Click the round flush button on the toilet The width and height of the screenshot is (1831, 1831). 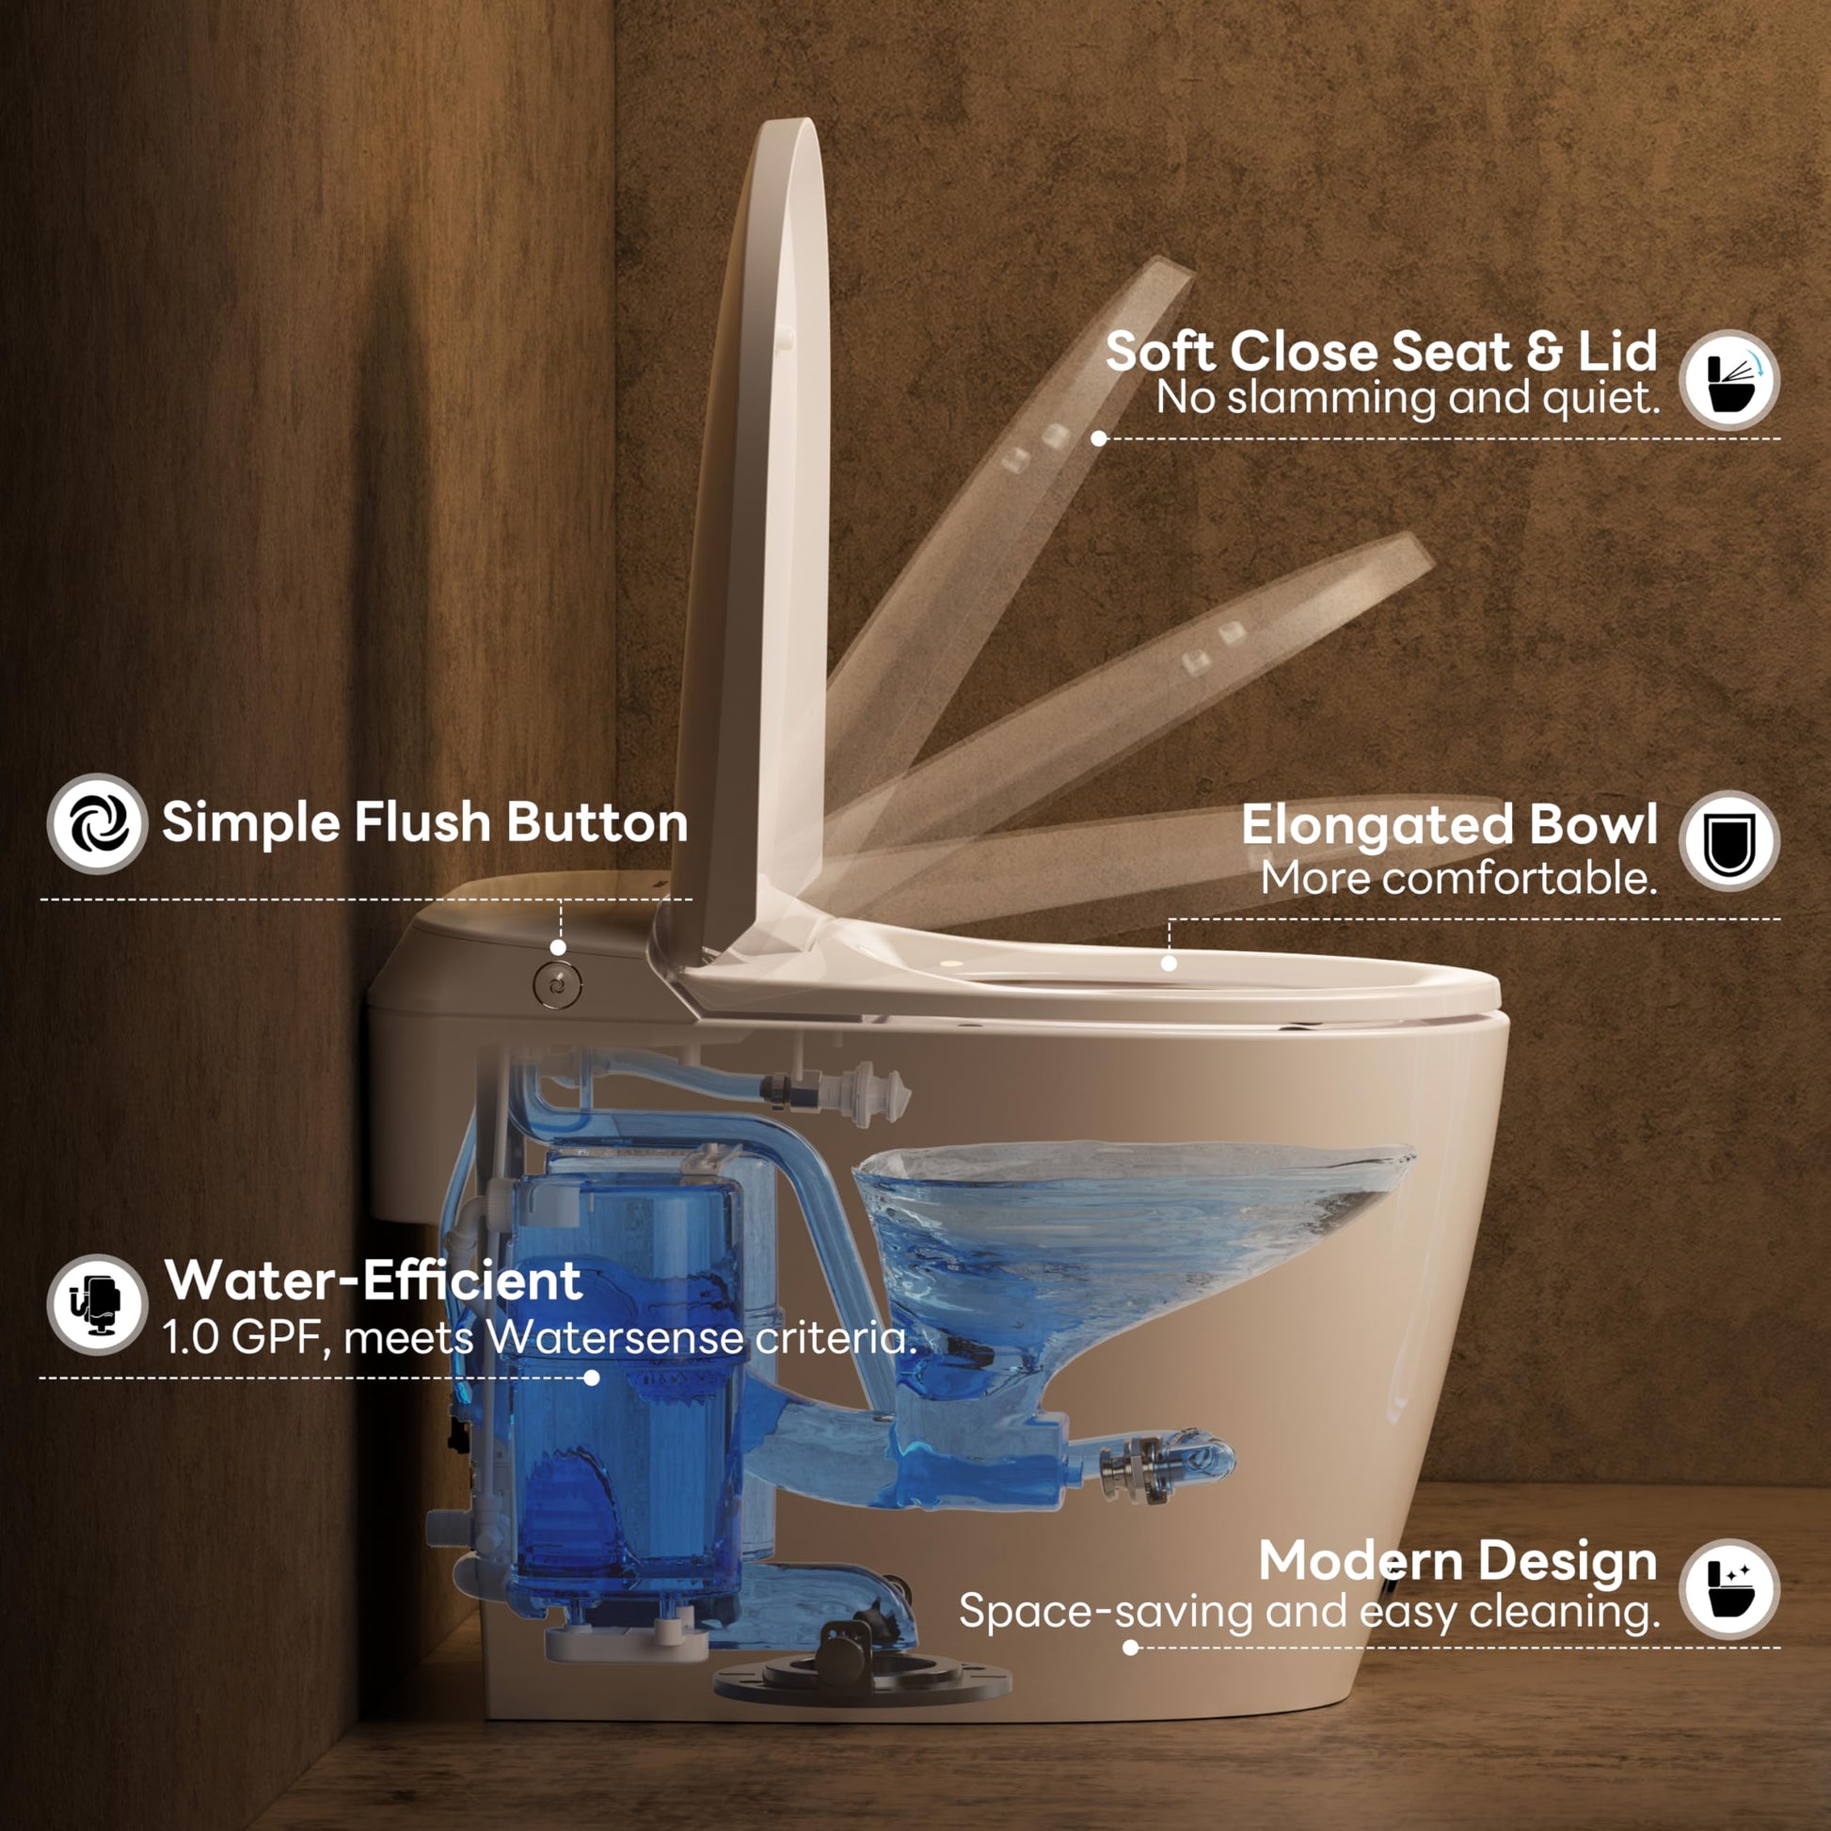557,986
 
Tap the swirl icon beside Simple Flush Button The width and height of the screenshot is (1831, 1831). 98,823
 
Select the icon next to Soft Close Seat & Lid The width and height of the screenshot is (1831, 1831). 1729,379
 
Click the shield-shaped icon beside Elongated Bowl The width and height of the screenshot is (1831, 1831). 1729,840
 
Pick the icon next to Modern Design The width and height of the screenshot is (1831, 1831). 1729,1588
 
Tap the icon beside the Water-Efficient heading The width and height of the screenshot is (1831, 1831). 98,1304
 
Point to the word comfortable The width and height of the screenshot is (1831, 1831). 1520,879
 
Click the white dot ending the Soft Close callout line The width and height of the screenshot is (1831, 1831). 1098,438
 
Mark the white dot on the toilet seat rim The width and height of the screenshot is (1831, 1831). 1169,963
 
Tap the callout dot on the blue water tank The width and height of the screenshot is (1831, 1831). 592,1378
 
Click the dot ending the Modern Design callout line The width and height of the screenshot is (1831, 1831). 1130,1648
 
